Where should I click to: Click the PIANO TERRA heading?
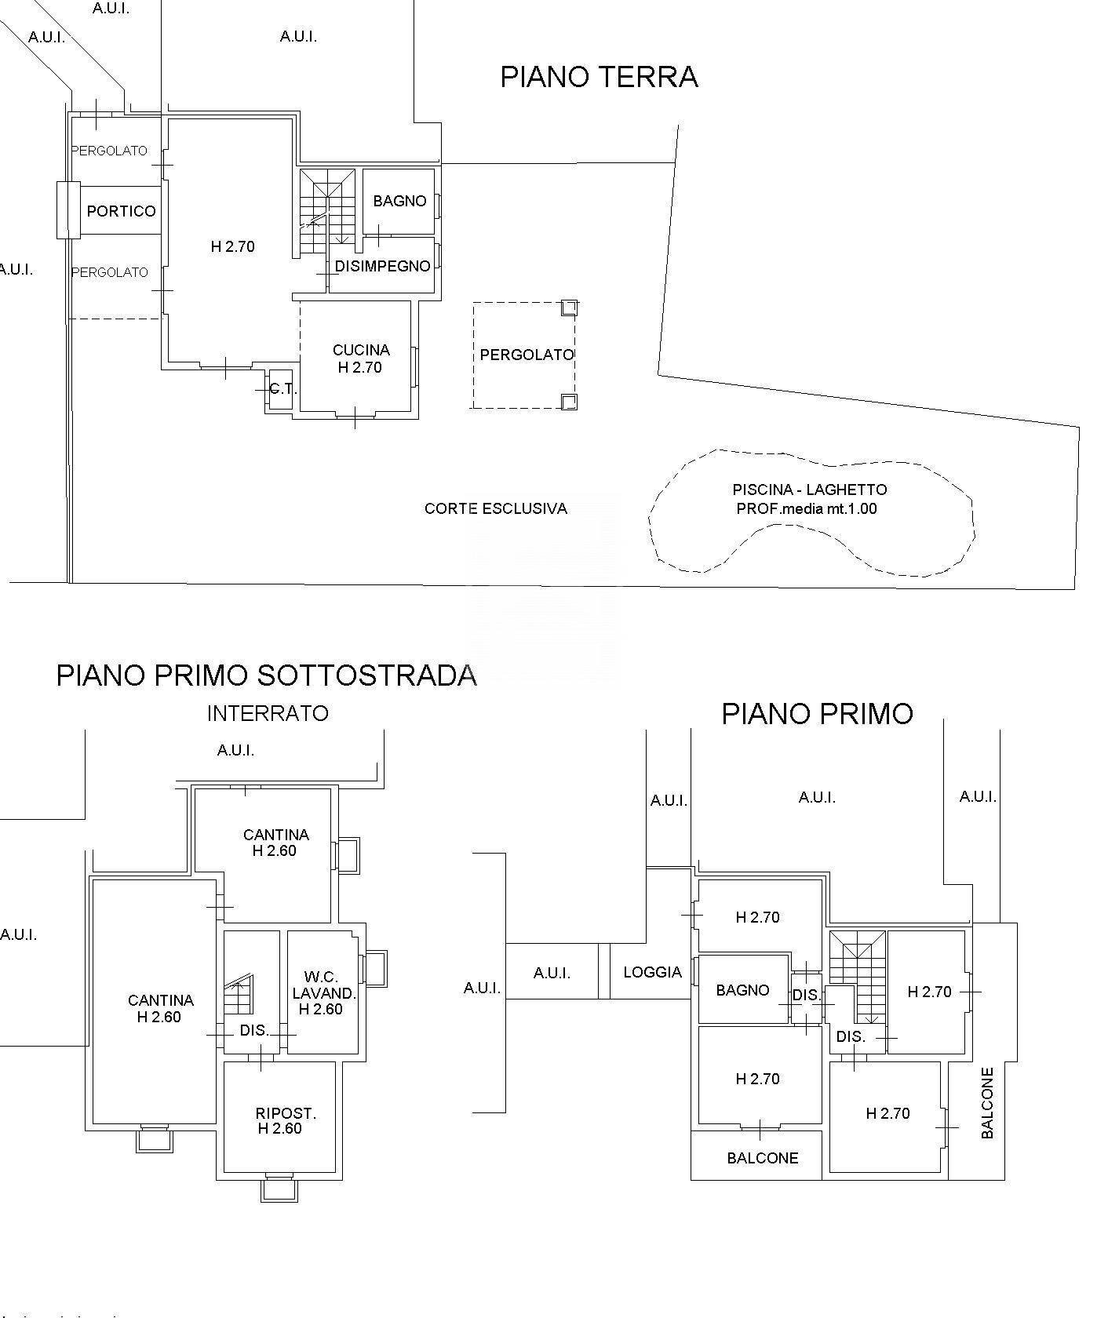point(599,77)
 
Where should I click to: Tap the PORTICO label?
point(121,211)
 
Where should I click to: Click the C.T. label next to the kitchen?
point(282,389)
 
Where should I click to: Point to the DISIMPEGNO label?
point(382,266)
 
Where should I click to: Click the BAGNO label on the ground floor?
point(399,201)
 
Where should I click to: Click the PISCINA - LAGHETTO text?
point(809,490)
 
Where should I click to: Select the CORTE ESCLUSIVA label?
point(495,508)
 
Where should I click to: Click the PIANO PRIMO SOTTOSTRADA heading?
point(266,675)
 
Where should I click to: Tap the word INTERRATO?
point(268,713)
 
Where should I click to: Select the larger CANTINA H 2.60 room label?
point(160,1008)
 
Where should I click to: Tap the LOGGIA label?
point(652,972)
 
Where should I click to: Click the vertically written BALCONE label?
point(987,1102)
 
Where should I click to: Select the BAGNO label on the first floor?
point(742,990)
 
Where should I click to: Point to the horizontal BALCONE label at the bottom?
point(762,1158)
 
